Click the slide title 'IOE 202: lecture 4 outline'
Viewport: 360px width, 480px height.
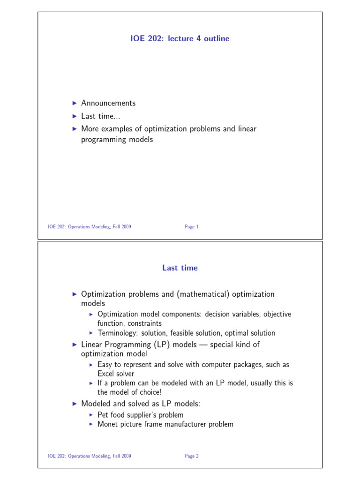point(180,39)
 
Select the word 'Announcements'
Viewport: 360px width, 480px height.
point(108,103)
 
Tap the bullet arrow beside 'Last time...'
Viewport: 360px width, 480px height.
point(74,116)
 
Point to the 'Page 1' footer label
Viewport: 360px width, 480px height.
point(192,227)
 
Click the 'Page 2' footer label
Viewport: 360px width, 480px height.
point(192,456)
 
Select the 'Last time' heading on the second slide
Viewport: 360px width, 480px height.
point(180,268)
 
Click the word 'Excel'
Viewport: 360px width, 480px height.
point(107,374)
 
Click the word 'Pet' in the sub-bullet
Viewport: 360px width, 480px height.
point(103,415)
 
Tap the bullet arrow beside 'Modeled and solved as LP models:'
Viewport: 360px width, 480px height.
point(74,403)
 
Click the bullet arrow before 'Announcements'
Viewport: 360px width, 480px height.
point(74,103)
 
